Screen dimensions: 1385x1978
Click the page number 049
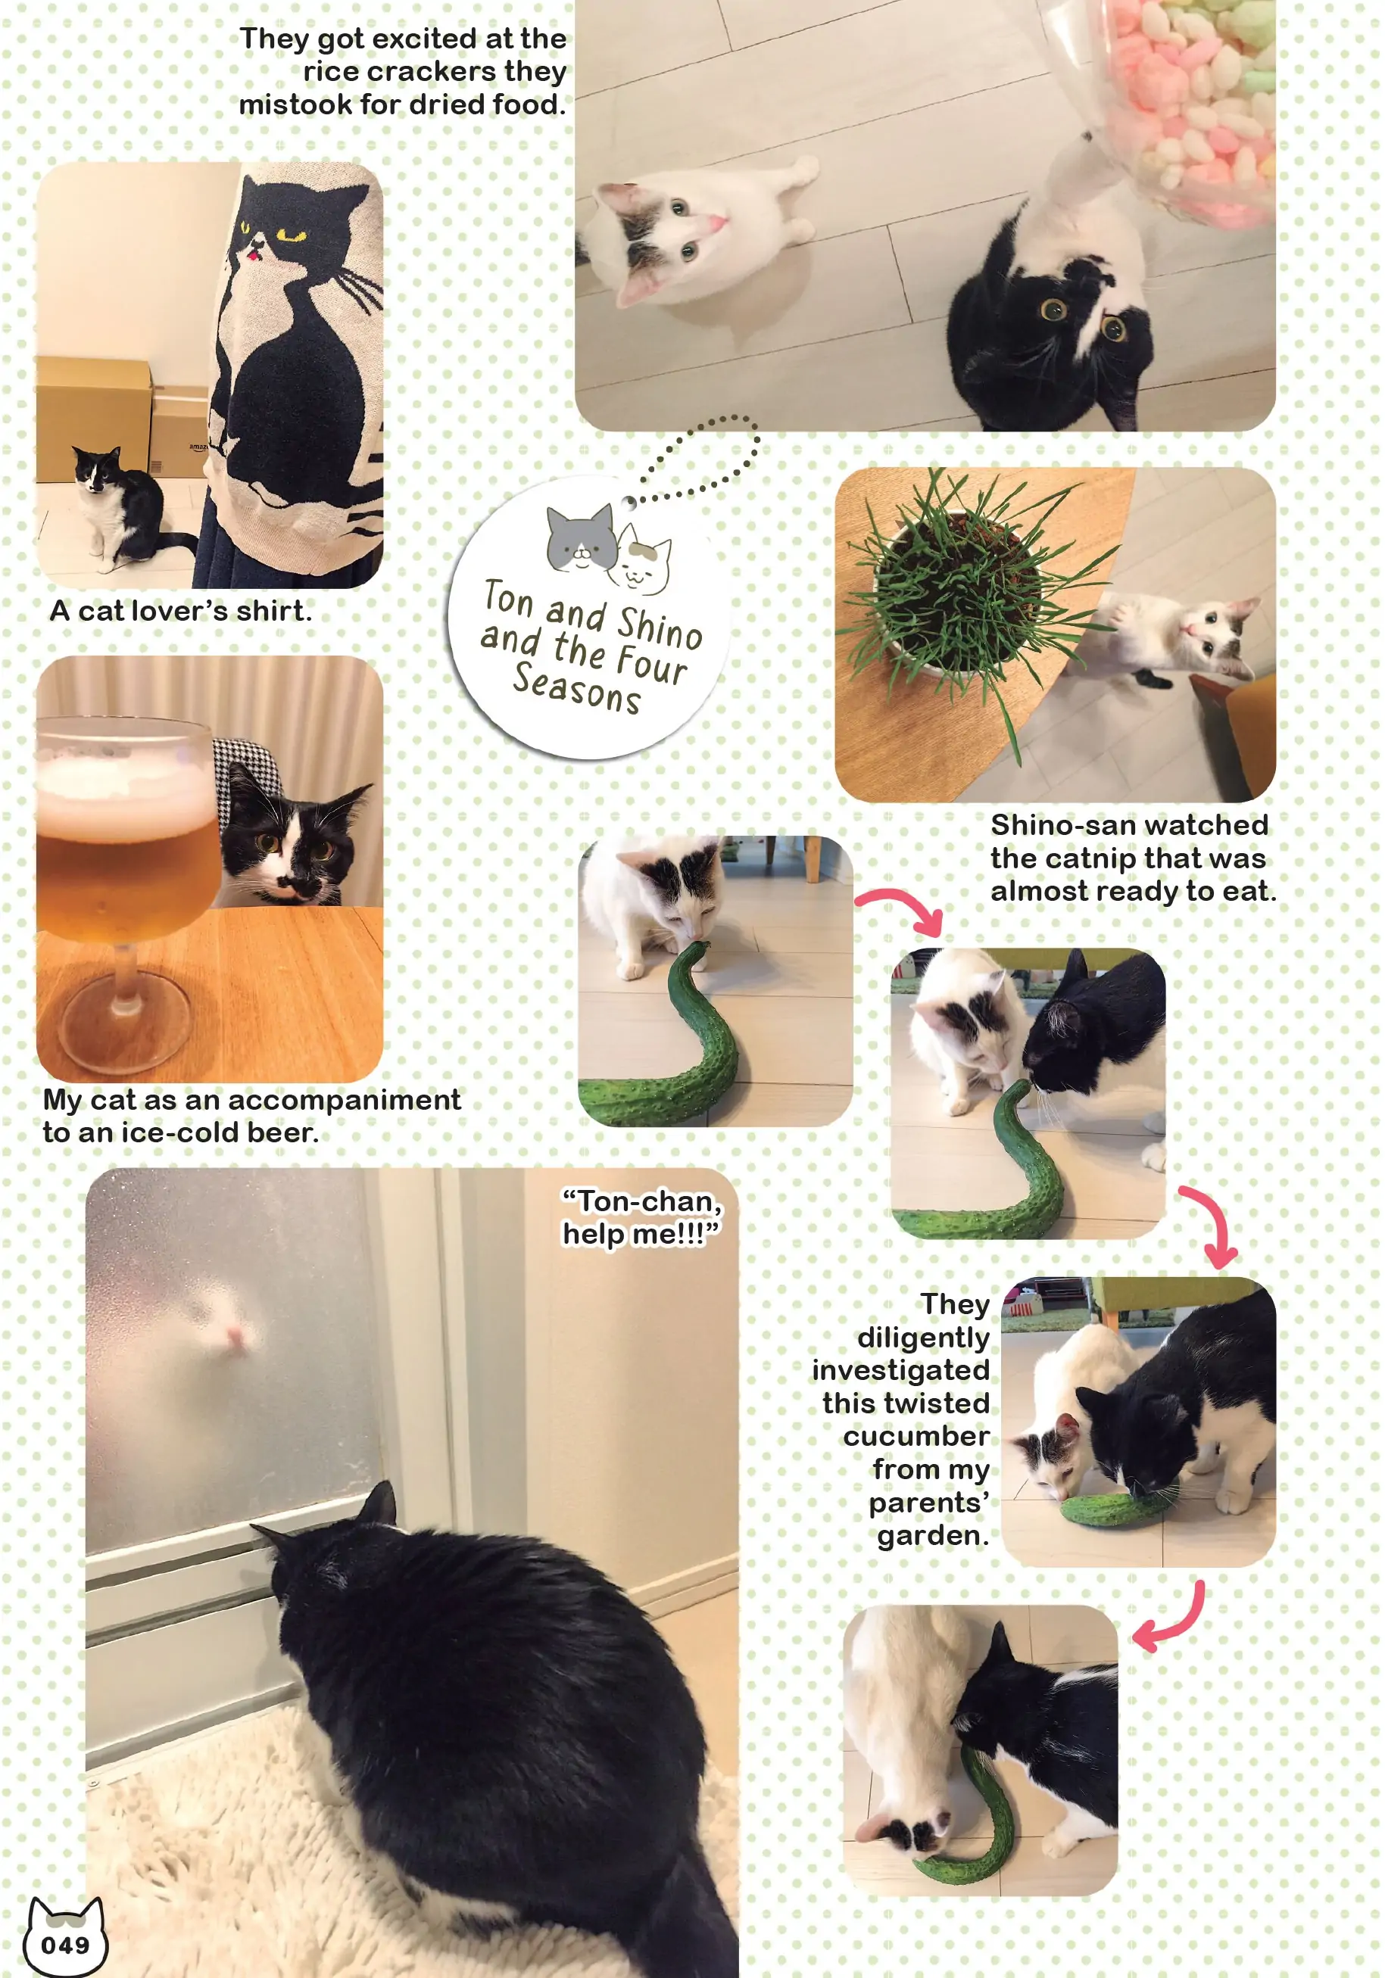(65, 1945)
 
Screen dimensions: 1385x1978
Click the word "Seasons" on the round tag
(576, 688)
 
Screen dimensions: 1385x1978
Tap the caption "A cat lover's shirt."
(181, 611)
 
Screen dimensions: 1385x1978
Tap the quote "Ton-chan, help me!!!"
(641, 1216)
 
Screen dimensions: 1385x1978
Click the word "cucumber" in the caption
(916, 1436)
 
